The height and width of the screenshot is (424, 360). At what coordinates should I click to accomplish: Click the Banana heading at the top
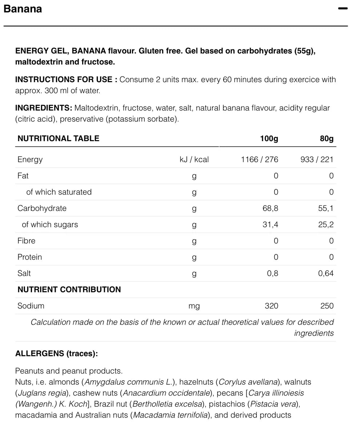(23, 9)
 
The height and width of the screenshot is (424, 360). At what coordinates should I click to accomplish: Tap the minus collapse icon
(343, 9)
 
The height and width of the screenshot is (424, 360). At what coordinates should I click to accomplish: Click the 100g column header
(269, 139)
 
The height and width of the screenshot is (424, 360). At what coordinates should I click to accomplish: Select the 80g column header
(326, 139)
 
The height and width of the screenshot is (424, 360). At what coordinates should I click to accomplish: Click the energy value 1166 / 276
(259, 159)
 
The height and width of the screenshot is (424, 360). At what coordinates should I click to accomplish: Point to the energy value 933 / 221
(317, 159)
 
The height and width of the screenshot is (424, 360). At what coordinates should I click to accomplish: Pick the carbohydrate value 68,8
(270, 208)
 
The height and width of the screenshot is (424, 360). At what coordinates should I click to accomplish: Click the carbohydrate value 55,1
(326, 208)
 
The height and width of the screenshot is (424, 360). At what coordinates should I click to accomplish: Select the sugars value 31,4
(270, 225)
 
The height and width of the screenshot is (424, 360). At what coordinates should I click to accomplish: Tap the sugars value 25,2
(326, 225)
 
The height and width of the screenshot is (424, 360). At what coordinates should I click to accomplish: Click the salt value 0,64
(326, 273)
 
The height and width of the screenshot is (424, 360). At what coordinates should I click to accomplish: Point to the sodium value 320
(271, 306)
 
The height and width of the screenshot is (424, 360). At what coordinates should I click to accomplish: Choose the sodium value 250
(327, 306)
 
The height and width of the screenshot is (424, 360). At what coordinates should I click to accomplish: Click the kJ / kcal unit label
(194, 159)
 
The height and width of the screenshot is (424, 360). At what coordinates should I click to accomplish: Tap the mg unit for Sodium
(194, 306)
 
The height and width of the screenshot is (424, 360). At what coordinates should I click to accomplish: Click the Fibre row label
(27, 241)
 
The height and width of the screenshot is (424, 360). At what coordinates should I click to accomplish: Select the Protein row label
(30, 257)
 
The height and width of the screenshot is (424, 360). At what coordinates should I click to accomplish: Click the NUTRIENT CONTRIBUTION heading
(69, 289)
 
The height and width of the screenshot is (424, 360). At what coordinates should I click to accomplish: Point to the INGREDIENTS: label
(44, 108)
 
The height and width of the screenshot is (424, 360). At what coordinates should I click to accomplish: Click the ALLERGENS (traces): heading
(56, 353)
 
